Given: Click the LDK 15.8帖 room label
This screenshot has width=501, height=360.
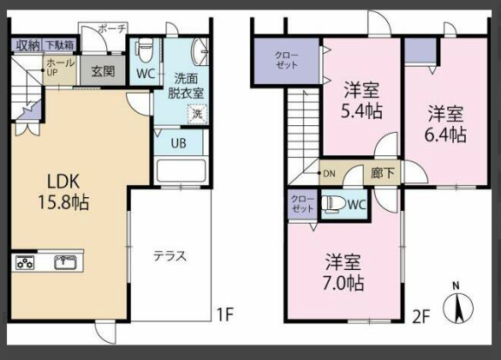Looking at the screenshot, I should tap(68, 190).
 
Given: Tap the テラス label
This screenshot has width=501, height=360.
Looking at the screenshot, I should tap(170, 255).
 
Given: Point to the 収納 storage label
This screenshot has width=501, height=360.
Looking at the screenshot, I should tap(27, 45).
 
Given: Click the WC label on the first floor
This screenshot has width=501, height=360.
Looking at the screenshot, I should tap(145, 74).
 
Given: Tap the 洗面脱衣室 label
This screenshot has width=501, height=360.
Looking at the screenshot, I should tap(183, 85).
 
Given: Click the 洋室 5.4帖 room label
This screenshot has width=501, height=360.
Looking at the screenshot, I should tap(362, 100).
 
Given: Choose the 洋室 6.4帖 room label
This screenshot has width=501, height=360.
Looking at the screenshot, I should tap(446, 124).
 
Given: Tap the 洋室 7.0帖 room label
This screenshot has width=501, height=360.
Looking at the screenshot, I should tap(343, 272).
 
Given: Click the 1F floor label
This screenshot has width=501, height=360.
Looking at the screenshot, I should tap(224, 315).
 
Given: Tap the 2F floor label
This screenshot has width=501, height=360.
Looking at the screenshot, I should tap(420, 315).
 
